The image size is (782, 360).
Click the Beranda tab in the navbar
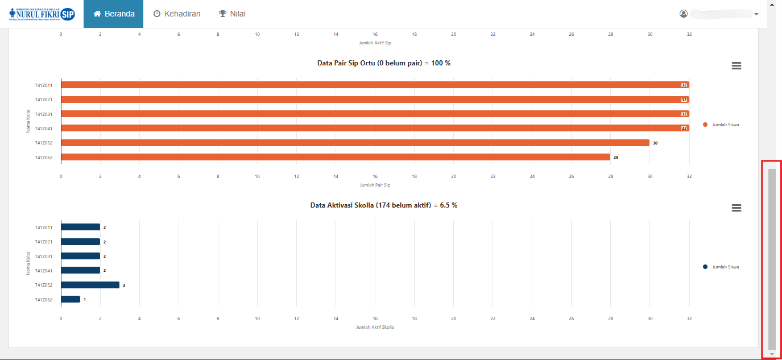[x=114, y=14]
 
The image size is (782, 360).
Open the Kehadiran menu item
[x=177, y=14]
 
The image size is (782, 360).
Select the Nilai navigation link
[x=232, y=14]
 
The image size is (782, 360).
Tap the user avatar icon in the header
[x=684, y=14]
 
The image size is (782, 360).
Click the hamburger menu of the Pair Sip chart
[x=736, y=66]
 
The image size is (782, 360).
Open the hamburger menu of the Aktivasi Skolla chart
[x=736, y=208]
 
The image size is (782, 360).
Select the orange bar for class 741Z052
[x=355, y=143]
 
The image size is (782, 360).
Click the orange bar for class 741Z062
[x=336, y=157]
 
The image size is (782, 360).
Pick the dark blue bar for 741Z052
[x=90, y=285]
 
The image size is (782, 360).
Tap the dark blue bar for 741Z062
[x=71, y=299]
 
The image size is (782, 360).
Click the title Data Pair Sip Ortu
[x=384, y=63]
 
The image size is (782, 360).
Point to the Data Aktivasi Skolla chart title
[x=384, y=205]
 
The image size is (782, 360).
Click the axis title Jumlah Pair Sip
[x=375, y=185]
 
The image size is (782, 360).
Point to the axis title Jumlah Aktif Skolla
[x=375, y=327]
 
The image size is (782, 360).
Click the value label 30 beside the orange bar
[x=655, y=143]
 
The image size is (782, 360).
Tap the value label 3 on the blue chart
[x=124, y=285]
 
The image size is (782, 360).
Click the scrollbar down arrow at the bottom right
[x=772, y=354]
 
